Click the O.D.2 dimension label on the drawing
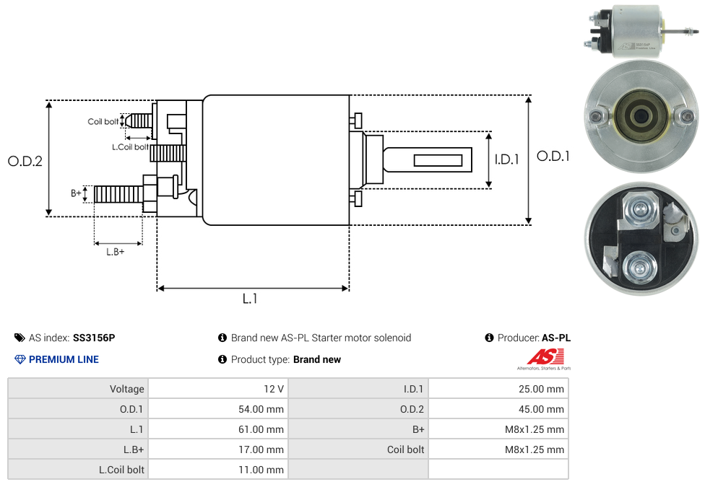[x=25, y=161]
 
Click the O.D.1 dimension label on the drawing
[x=553, y=156]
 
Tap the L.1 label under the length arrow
[x=250, y=298]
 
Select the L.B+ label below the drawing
[x=116, y=252]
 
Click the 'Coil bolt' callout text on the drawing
[x=103, y=121]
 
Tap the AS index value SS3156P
[x=94, y=338]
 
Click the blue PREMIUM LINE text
[x=64, y=359]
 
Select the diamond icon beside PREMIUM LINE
[x=20, y=359]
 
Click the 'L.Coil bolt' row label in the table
[x=121, y=470]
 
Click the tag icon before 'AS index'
[x=20, y=338]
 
